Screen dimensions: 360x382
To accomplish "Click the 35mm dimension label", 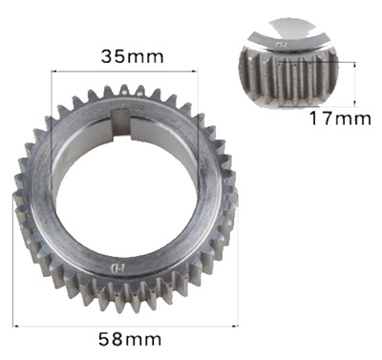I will tap(132, 55).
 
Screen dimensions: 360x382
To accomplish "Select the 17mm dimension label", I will tap(339, 119).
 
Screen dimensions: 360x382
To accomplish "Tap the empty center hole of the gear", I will tap(124, 191).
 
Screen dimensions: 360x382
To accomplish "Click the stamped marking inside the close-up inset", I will tap(281, 43).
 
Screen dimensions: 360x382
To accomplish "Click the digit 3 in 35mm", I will tap(107, 55).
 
